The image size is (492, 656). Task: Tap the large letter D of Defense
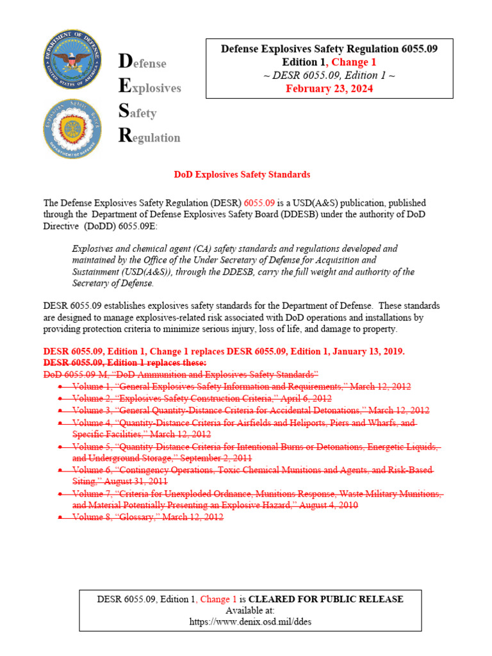(126, 61)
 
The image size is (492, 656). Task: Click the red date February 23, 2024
(329, 88)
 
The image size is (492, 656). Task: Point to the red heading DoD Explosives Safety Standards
(242, 174)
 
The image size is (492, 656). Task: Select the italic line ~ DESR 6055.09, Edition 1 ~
(329, 76)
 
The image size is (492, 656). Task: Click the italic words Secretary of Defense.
(112, 283)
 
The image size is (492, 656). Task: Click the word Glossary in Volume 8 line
(140, 517)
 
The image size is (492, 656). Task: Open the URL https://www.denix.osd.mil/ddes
(250, 621)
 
